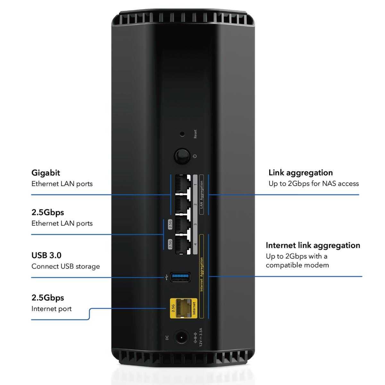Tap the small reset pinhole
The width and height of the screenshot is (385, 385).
(182, 134)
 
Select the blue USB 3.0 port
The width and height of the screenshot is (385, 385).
(180, 277)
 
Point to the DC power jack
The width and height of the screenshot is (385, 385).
(181, 338)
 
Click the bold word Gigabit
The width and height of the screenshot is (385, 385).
(46, 173)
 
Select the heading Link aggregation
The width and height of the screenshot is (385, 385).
(300, 173)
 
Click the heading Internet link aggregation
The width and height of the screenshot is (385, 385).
(313, 245)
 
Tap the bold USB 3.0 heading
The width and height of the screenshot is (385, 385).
(46, 255)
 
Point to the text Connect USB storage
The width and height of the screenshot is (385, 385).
(65, 266)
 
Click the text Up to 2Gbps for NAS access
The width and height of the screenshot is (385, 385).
(313, 184)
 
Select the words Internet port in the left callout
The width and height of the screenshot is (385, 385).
(51, 309)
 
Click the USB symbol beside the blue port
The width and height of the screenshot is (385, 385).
(165, 277)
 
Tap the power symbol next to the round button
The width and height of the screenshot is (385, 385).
(195, 157)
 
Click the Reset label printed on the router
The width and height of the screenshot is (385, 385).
(195, 134)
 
